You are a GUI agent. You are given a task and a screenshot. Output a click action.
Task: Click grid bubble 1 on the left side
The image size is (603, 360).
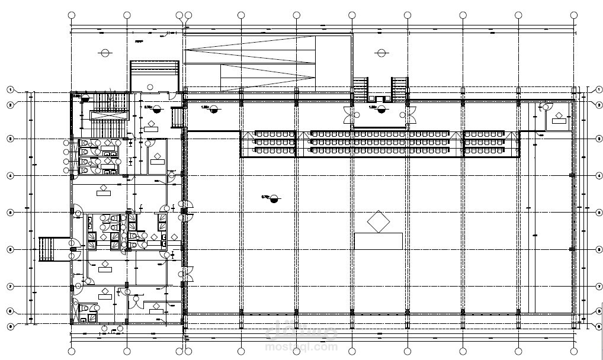tap(10, 90)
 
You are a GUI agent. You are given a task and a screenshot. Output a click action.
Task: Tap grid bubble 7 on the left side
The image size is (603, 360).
tap(10, 287)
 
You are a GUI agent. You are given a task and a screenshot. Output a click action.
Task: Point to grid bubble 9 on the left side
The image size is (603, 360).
tap(10, 326)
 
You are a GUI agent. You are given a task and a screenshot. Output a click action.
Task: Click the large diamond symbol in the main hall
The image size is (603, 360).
tap(379, 222)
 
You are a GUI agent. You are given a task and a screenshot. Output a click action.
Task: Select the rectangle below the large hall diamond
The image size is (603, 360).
tap(378, 241)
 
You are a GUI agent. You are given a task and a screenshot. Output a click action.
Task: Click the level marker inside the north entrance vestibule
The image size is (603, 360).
tap(381, 108)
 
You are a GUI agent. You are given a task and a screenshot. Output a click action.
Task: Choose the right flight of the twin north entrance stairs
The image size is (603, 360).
tap(399, 89)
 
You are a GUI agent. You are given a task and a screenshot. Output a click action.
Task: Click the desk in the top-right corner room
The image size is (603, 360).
tap(559, 121)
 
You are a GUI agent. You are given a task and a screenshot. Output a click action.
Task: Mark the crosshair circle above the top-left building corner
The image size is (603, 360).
tap(105, 53)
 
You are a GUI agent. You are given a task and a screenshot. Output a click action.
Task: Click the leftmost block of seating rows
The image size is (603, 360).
tap(274, 142)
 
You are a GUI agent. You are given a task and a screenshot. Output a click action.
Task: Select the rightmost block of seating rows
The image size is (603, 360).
tap(485, 142)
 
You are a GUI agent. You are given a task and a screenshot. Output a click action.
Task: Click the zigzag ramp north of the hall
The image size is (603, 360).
tap(267, 62)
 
